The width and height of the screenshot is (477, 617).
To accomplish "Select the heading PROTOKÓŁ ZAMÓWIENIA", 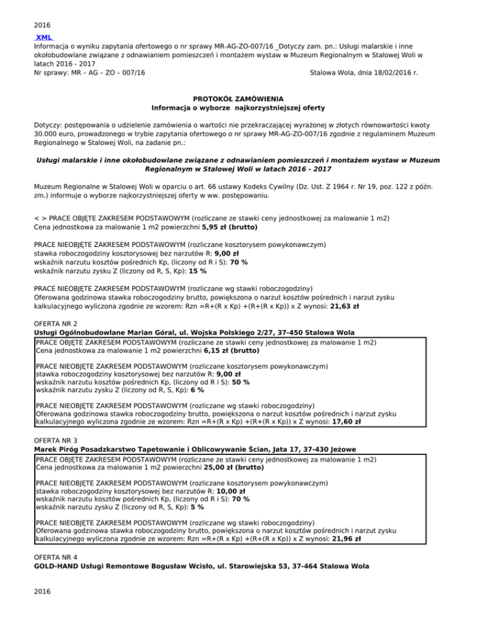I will coord(238,99).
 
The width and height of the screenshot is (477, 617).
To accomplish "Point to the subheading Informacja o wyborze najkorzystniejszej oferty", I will coord(238,107).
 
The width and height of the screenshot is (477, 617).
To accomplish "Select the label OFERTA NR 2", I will coord(56,324).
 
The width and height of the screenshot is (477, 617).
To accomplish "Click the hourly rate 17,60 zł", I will coord(348,420).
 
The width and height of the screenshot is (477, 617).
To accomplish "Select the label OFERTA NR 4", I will coord(56,557).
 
